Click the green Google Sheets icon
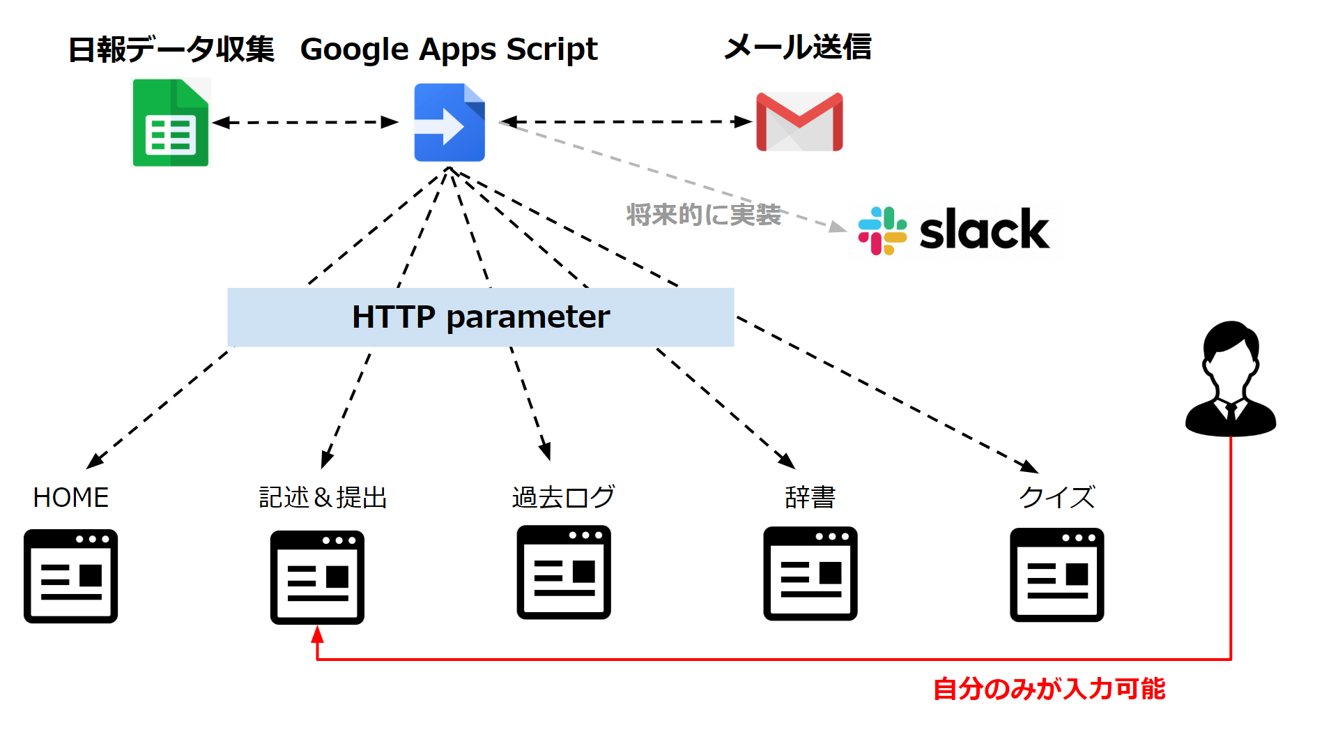click(x=171, y=123)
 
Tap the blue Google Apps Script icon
click(x=449, y=123)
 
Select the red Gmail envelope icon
click(x=799, y=122)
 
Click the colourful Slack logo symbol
click(x=882, y=231)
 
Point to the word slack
click(x=984, y=229)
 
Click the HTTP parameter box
click(x=481, y=317)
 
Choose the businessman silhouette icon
click(x=1231, y=379)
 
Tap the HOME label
click(x=71, y=498)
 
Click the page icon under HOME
click(x=71, y=576)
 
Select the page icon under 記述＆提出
click(x=317, y=577)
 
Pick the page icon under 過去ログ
click(x=564, y=572)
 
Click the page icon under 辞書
click(x=810, y=574)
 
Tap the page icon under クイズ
click(x=1057, y=575)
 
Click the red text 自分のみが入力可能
click(x=1049, y=689)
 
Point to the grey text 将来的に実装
click(x=703, y=215)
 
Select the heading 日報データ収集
click(x=171, y=50)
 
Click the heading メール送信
click(x=798, y=47)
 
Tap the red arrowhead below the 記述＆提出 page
click(x=317, y=634)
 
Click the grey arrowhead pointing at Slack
click(x=838, y=227)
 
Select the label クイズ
click(x=1057, y=497)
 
